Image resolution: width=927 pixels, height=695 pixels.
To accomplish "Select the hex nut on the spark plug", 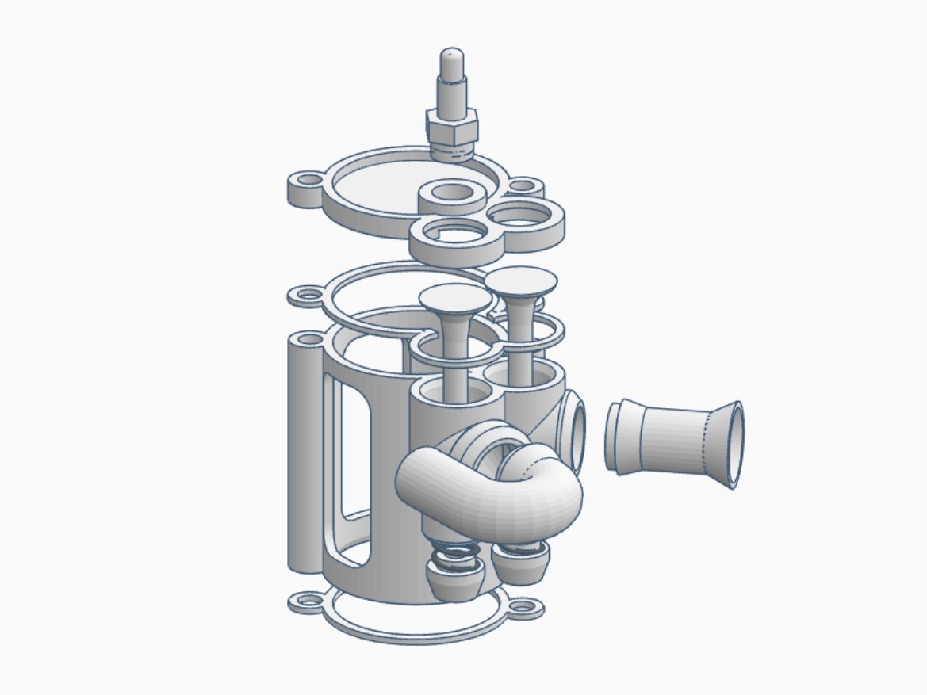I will click(x=452, y=125).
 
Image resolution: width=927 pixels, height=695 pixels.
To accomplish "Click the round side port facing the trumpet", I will click(x=574, y=433).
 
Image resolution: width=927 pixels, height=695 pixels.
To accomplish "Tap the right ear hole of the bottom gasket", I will click(x=526, y=609).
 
